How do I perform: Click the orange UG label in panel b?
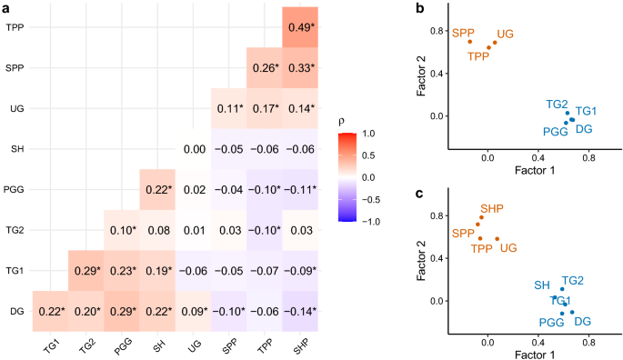[x=506, y=34]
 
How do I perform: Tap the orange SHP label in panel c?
[x=491, y=209]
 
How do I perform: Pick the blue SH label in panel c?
[x=542, y=285]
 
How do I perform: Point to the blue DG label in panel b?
[x=584, y=130]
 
